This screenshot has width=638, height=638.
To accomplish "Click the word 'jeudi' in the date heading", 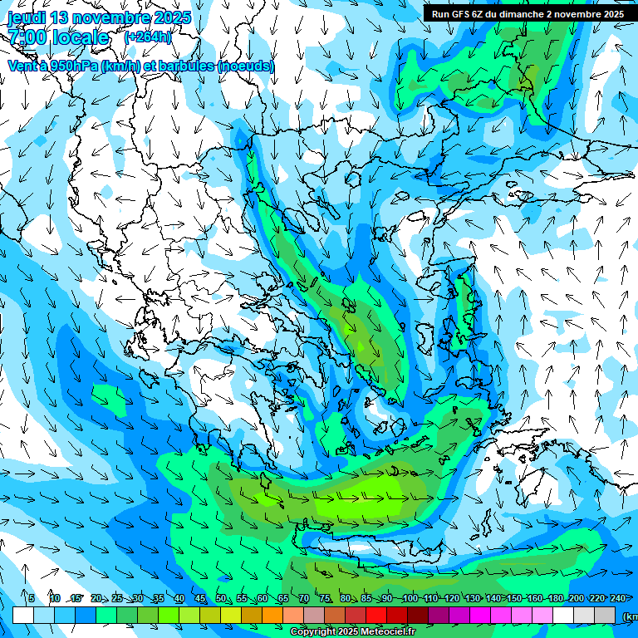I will coord(26,17).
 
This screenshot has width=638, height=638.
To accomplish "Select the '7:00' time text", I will coord(26,37).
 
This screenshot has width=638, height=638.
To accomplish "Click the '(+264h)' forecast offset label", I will coord(148,37).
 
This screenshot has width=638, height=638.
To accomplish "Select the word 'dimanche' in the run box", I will coord(521,14).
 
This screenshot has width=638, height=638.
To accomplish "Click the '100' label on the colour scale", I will coord(410,598).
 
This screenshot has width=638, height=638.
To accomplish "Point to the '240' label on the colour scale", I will coord(618,598).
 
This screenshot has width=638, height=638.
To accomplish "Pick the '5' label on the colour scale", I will coord(32,598).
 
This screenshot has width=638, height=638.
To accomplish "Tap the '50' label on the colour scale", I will coord(221,598).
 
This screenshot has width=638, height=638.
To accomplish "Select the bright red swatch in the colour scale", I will coord(376,616).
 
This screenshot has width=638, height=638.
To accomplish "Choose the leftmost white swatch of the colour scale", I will coord(23,616).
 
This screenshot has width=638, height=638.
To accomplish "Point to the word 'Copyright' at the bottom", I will coord(314,632).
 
